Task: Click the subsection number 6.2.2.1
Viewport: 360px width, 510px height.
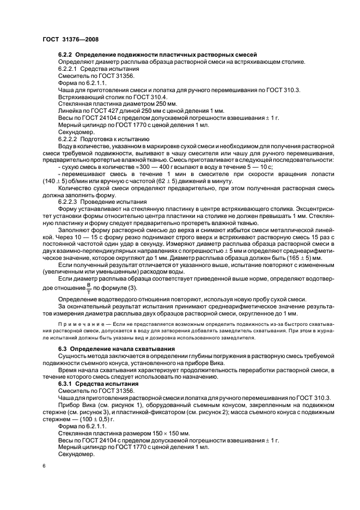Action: coord(69,70)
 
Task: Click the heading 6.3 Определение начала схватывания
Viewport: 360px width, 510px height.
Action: coord(116,349)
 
